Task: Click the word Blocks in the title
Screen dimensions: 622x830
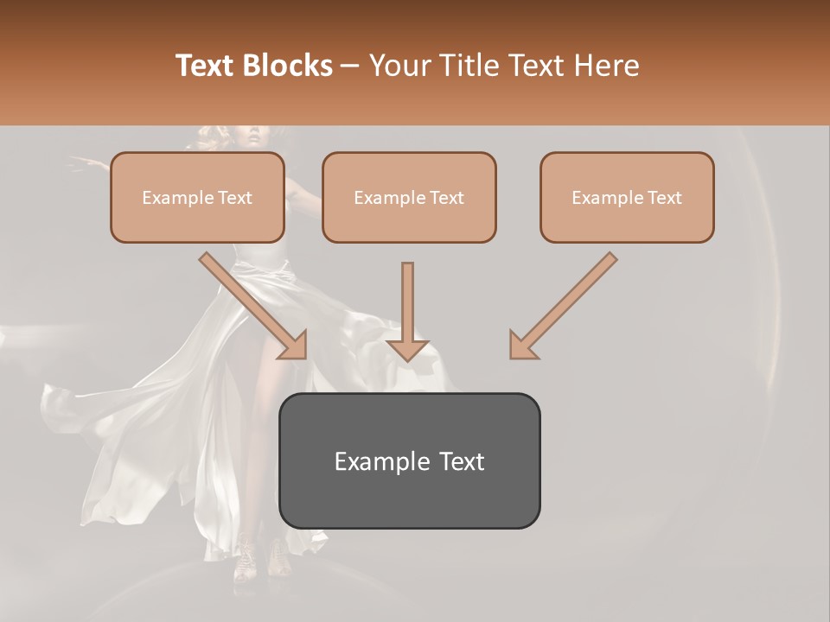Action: click(x=289, y=66)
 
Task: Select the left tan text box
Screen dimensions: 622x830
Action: click(x=197, y=198)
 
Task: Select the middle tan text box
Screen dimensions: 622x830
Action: click(x=409, y=198)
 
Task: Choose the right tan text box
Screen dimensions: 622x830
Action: click(x=627, y=198)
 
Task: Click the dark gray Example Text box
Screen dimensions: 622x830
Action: click(x=410, y=460)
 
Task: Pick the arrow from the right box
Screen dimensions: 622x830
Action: click(x=565, y=302)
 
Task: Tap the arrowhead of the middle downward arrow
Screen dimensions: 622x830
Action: click(x=407, y=348)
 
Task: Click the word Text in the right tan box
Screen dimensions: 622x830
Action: click(x=665, y=198)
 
